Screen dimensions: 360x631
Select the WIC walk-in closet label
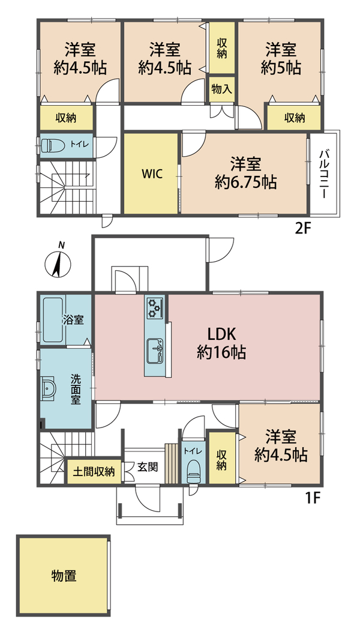pos(152,174)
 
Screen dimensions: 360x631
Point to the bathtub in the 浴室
pos(53,319)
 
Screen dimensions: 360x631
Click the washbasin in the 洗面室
pos(49,388)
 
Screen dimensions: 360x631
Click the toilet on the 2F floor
pos(51,145)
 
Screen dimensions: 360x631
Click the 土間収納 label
pos(94,471)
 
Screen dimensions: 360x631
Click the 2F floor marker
pos(304,229)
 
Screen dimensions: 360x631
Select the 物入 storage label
pos(221,89)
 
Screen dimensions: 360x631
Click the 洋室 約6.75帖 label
pos(246,174)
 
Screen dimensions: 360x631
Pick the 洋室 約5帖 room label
pos(281,59)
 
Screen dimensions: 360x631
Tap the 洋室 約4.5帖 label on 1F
pos(281,445)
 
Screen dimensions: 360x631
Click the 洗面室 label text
pos(76,389)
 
